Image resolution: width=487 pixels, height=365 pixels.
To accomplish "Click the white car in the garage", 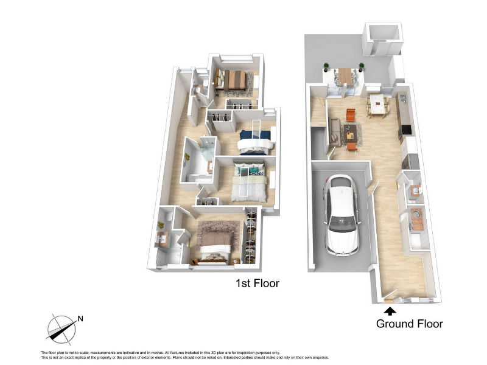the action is click(342, 215).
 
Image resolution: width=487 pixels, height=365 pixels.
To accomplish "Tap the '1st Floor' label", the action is click(258, 283).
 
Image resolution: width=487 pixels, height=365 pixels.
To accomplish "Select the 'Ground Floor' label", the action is click(409, 324).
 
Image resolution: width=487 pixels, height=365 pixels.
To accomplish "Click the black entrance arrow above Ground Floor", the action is click(390, 311).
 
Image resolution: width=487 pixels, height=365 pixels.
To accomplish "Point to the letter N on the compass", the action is click(80, 319).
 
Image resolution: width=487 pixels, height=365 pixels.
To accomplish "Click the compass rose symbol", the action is click(61, 330).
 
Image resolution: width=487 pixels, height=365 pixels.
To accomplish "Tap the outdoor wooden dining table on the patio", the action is click(345, 76).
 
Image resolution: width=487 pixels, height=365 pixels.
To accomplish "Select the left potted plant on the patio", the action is click(326, 67).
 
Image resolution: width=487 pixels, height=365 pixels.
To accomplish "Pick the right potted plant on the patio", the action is click(361, 67).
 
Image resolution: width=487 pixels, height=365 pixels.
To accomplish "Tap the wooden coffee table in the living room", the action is click(351, 133).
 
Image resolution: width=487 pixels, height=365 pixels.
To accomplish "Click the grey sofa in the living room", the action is click(334, 132).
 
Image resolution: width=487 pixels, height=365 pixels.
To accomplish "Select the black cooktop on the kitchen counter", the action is click(406, 130).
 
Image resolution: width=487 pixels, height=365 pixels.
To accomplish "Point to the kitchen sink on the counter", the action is click(403, 99).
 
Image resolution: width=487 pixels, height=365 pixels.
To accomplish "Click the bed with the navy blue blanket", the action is click(254, 142).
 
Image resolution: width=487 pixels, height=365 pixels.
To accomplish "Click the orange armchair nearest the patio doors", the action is click(351, 115).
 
